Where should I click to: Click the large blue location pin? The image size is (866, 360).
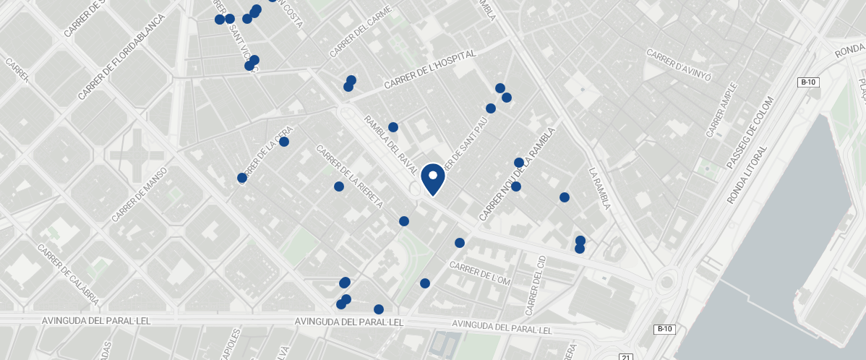coord(432,179)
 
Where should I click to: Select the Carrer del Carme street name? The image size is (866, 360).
coord(360,33)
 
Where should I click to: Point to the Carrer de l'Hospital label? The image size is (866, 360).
coord(430,69)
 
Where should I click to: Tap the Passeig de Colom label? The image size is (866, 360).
coord(749,134)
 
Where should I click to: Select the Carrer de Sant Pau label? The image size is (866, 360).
coord(466,145)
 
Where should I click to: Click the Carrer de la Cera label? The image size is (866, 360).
coord(264,154)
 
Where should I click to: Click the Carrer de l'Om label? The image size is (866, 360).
coord(480,273)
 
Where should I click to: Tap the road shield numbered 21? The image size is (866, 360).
coord(626,356)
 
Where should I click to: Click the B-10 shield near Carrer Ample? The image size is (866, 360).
coord(808,82)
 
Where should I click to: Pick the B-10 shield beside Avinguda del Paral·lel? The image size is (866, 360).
coord(664,330)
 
